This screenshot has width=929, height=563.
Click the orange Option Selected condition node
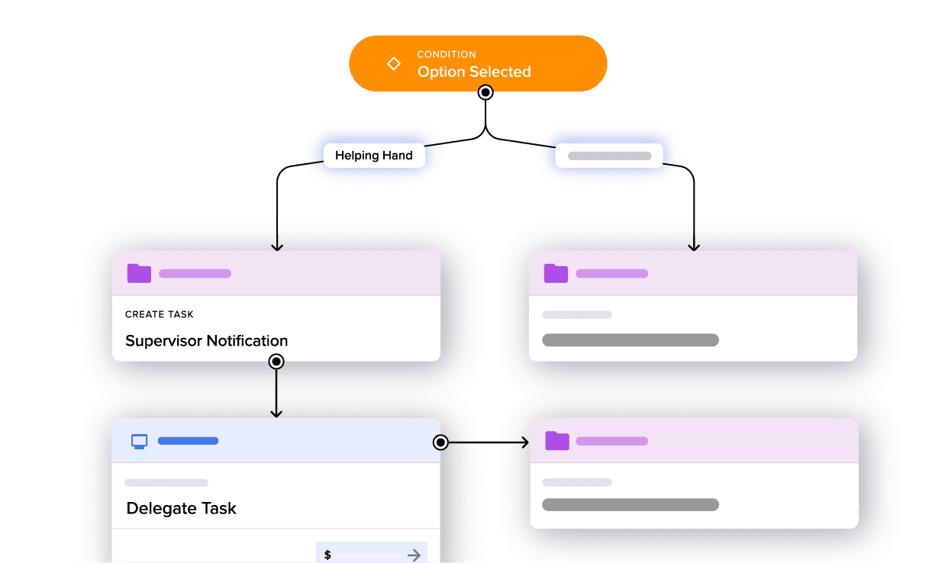click(x=478, y=63)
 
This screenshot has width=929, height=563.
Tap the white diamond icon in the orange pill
click(x=394, y=64)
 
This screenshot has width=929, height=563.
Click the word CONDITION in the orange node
click(x=447, y=54)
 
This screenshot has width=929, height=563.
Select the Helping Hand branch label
click(x=374, y=156)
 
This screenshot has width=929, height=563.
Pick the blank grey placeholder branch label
click(x=609, y=156)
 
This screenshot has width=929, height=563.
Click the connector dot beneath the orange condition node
click(x=485, y=92)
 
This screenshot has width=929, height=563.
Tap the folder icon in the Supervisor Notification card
click(x=139, y=273)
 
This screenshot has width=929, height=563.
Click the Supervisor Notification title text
click(x=207, y=341)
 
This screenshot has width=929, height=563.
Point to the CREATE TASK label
click(x=160, y=314)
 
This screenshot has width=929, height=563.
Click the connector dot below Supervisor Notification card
click(x=276, y=362)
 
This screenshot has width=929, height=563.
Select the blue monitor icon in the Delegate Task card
click(x=139, y=441)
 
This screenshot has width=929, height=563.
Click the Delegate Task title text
click(x=182, y=509)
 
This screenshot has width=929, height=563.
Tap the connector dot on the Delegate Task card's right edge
click(x=440, y=442)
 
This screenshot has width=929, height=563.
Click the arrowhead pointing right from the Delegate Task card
click(x=524, y=442)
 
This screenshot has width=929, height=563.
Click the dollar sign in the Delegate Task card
click(x=327, y=555)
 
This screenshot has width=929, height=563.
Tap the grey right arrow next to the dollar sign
click(x=415, y=555)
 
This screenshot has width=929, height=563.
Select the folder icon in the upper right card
click(x=556, y=273)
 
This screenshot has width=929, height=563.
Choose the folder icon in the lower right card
click(x=557, y=441)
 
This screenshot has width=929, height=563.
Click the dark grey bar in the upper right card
click(x=631, y=340)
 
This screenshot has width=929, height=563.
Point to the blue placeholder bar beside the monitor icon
click(x=188, y=441)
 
